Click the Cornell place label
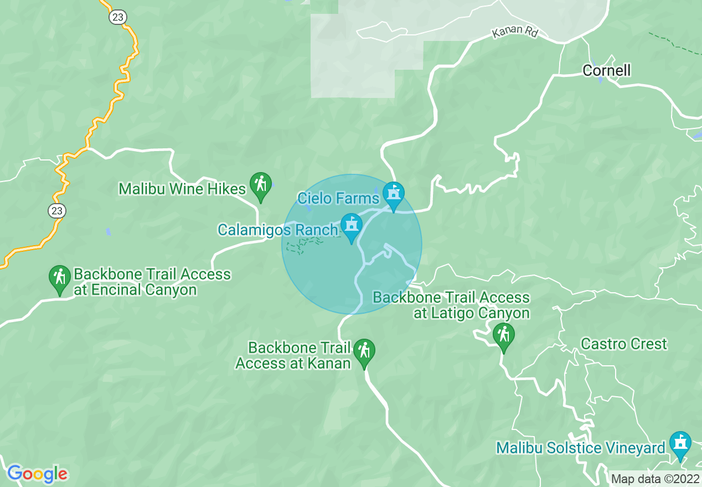(x=606, y=70)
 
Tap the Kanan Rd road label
(x=515, y=32)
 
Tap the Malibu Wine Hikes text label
(x=182, y=189)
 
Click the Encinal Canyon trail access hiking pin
(x=59, y=279)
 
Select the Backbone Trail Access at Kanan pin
(x=364, y=353)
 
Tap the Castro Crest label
(x=624, y=344)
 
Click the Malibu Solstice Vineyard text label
(x=580, y=448)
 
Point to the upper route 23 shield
(x=118, y=17)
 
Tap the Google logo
(x=37, y=474)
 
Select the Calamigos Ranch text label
(x=277, y=230)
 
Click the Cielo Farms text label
(x=338, y=198)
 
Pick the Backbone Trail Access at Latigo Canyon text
(x=451, y=305)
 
